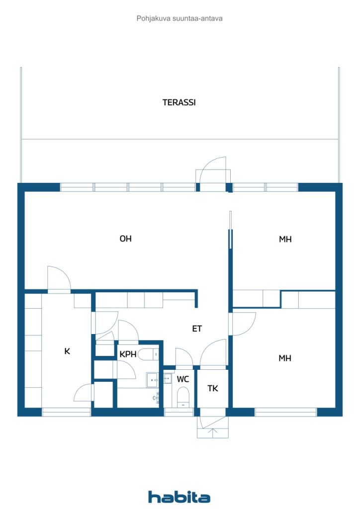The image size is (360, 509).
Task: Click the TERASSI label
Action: (179, 102)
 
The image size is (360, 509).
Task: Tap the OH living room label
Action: (125, 239)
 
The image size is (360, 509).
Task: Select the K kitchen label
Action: (67, 351)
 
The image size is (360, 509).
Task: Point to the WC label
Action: (183, 379)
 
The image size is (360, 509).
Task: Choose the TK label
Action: (213, 389)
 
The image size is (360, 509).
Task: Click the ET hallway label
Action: (197, 329)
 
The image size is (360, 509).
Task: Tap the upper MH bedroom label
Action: (285, 239)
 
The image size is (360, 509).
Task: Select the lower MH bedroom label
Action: (285, 358)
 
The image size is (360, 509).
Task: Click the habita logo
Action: (179, 497)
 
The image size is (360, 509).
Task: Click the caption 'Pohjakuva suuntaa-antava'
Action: (180, 18)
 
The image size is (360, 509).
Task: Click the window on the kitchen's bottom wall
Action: (66, 412)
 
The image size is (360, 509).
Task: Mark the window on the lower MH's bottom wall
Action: (285, 412)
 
